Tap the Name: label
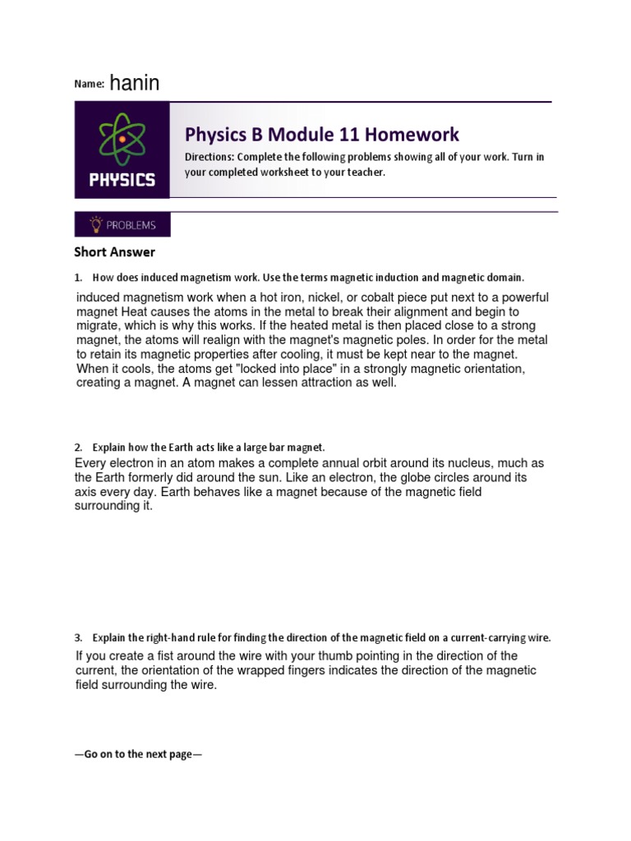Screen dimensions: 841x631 click(x=90, y=85)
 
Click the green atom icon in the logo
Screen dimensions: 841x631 click(x=122, y=139)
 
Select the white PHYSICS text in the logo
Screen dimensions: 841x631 click(x=122, y=179)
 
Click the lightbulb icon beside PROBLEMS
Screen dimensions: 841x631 click(x=96, y=224)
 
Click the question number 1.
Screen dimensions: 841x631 click(x=78, y=278)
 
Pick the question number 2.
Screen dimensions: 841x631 click(x=78, y=448)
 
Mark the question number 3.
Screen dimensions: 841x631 click(x=78, y=637)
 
